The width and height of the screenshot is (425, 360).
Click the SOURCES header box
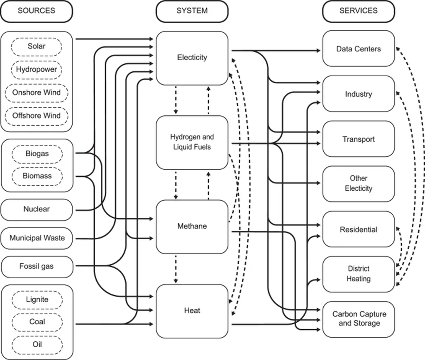[37, 11]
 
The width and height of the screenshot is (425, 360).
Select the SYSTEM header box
[192, 11]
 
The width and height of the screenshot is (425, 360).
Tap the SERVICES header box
[358, 11]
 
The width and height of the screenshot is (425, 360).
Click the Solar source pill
[37, 46]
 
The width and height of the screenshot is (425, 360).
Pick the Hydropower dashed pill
[37, 70]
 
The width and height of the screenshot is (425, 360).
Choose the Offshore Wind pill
[37, 116]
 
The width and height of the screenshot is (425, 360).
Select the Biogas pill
[37, 154]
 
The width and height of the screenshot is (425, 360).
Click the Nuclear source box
[37, 209]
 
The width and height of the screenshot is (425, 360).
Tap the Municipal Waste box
[37, 238]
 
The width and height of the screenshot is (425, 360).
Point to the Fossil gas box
[37, 267]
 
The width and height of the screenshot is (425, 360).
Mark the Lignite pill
[37, 300]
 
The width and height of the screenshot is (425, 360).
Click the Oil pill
[37, 345]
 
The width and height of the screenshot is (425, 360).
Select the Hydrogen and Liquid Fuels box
[192, 143]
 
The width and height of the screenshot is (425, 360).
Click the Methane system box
[192, 227]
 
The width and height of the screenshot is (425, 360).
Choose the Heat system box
[192, 311]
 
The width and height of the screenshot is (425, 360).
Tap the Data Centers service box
[358, 49]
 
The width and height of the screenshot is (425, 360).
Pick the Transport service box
[358, 139]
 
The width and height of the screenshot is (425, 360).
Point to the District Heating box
[358, 274]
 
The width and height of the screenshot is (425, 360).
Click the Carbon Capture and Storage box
[358, 319]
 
